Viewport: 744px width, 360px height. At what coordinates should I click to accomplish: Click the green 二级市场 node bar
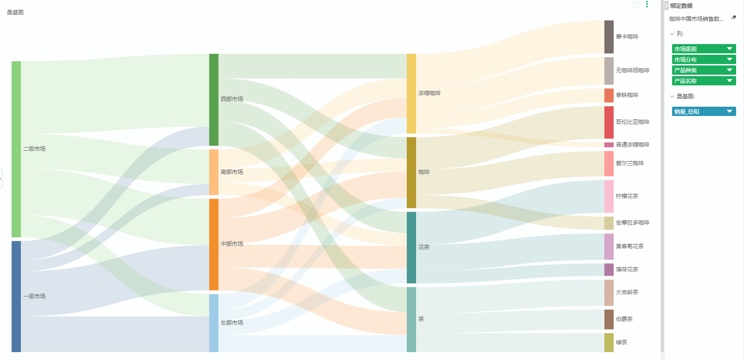point(16,148)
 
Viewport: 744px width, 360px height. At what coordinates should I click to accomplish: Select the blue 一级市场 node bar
point(16,296)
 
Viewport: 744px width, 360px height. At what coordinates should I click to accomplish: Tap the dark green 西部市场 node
point(214,99)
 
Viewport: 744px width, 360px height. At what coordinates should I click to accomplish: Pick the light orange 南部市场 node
point(214,172)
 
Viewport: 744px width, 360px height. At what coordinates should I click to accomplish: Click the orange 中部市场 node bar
point(214,244)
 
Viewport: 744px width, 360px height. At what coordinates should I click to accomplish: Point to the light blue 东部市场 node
point(214,322)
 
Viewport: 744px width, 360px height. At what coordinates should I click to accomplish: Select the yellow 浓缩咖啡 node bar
point(411,93)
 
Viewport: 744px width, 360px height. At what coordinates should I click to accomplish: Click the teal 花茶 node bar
point(411,247)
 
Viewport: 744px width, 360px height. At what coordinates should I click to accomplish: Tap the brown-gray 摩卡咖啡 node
point(609,37)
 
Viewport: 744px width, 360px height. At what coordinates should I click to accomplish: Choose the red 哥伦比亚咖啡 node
point(609,122)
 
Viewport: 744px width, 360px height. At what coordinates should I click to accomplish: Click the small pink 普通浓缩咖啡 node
point(609,145)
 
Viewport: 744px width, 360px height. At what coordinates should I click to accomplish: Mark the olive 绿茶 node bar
point(609,342)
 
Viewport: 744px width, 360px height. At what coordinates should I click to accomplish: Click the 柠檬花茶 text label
point(627,196)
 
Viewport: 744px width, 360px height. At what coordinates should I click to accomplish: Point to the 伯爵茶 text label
point(624,319)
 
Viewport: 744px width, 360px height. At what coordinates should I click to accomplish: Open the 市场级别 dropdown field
point(704,49)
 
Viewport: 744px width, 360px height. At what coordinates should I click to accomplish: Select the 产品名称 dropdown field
point(704,81)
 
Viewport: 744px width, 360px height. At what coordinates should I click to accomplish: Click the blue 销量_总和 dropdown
point(704,111)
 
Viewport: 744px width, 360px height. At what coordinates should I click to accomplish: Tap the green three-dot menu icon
point(647,4)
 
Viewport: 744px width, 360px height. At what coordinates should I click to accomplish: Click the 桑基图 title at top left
point(15,13)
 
